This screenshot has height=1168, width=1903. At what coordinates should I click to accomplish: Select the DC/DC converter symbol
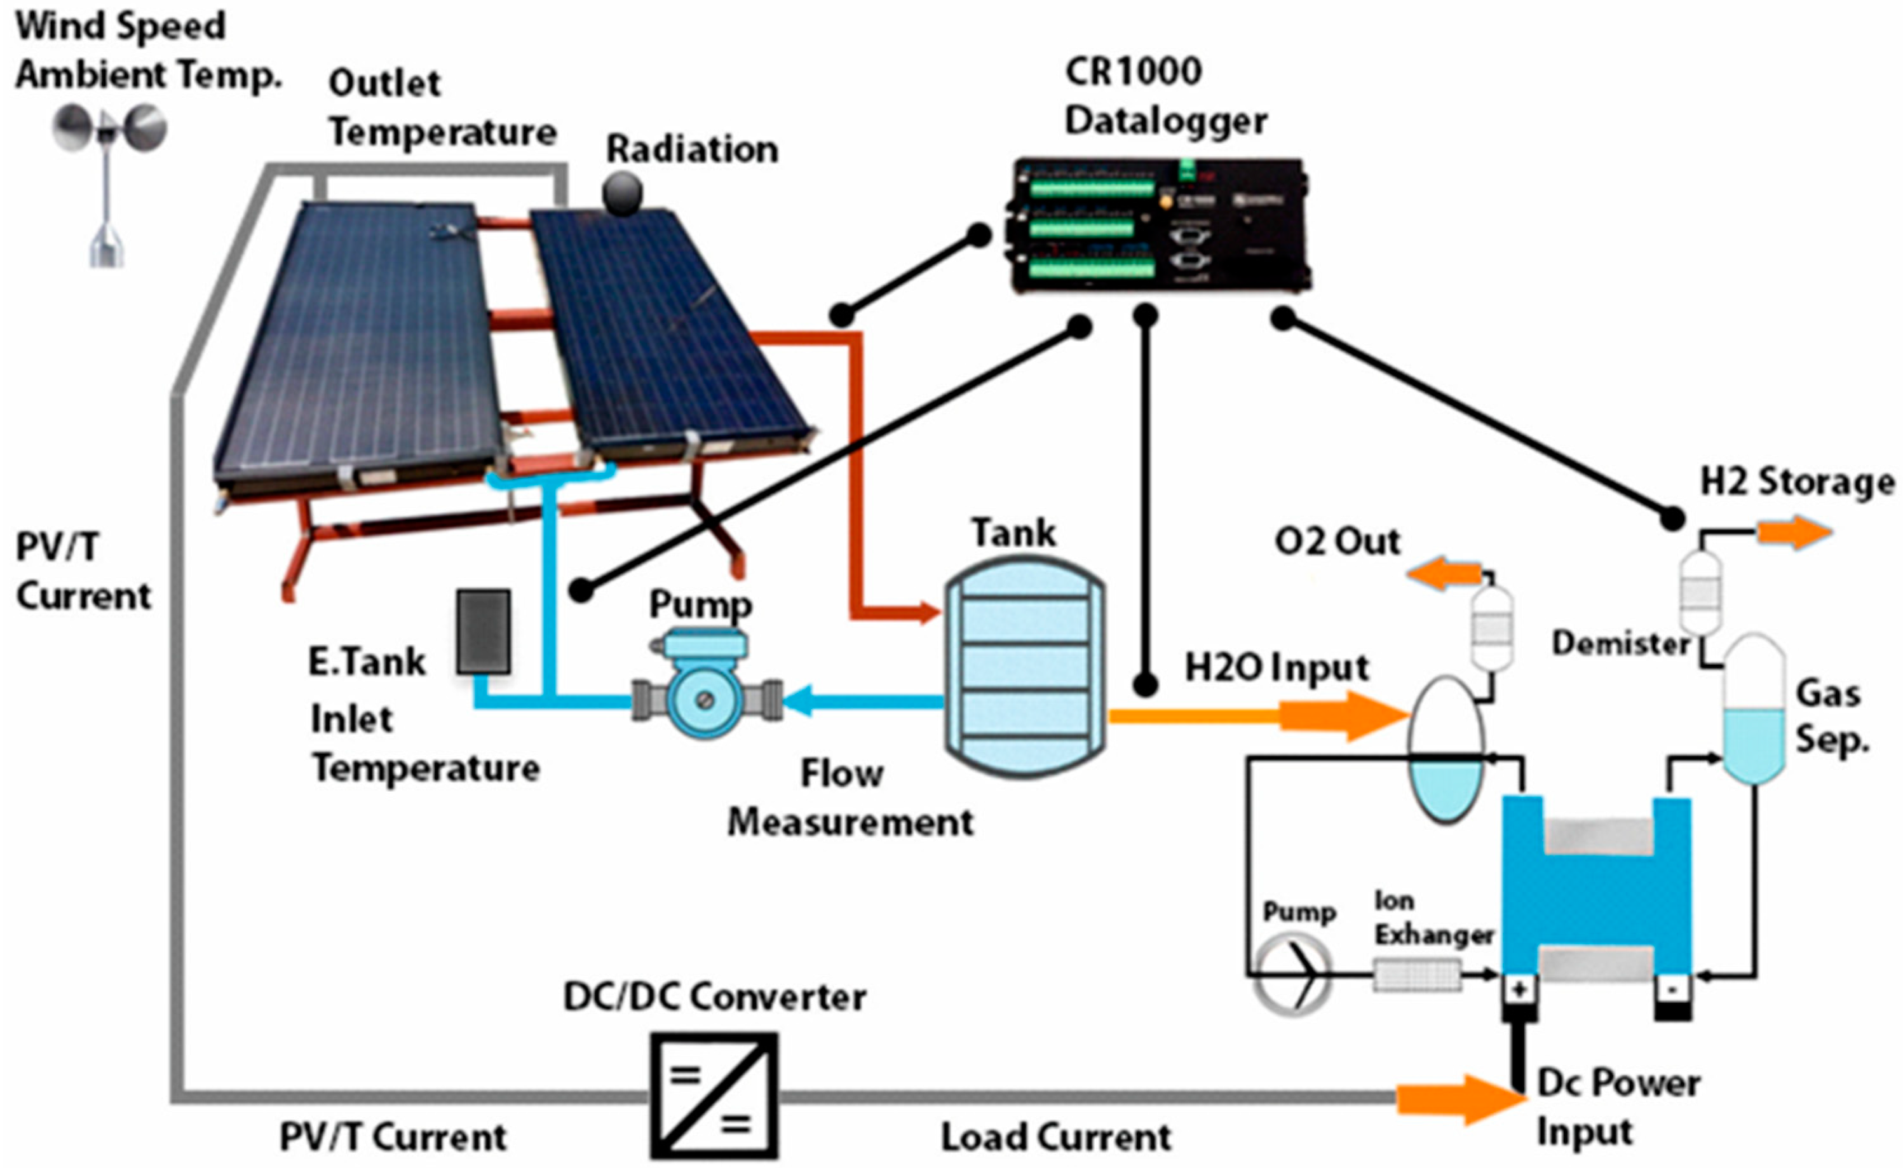[x=714, y=1095]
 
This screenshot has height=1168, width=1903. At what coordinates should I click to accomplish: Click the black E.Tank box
[x=484, y=631]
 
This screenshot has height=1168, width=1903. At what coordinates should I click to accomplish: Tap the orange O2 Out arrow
[x=1443, y=576]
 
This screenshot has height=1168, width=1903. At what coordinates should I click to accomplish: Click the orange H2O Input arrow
[x=1344, y=716]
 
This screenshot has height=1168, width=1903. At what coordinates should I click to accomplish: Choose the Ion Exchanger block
[x=1416, y=974]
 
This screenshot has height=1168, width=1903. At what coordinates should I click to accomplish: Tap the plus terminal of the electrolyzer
[x=1519, y=989]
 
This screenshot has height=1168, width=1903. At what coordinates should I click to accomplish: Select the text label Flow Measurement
[x=850, y=798]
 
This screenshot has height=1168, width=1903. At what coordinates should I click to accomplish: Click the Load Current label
[x=1056, y=1137]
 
